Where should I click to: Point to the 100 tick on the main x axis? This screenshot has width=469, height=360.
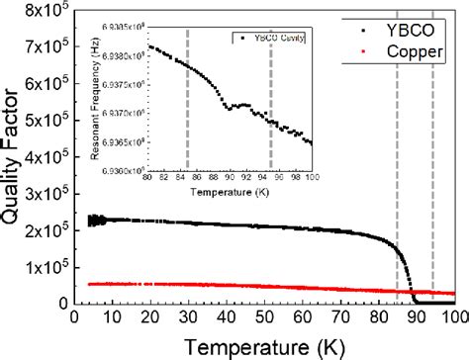click(452, 318)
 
